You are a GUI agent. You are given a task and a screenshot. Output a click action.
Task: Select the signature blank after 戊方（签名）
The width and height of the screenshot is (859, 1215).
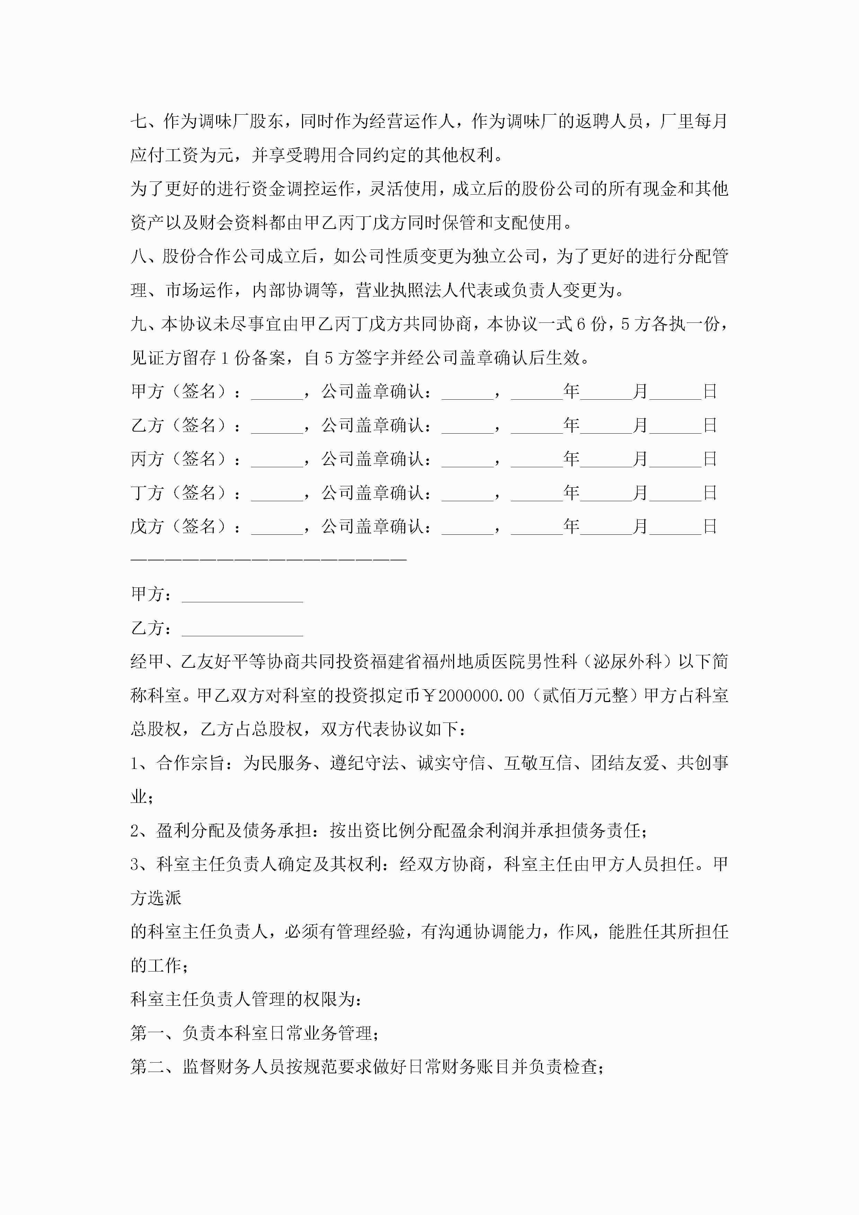click(x=277, y=527)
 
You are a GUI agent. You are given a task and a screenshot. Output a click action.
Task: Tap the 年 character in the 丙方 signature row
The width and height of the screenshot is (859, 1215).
click(x=571, y=459)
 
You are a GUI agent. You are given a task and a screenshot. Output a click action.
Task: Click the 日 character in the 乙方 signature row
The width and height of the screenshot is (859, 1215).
click(x=710, y=425)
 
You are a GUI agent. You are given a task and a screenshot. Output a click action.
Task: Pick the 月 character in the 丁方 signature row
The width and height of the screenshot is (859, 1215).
click(x=640, y=493)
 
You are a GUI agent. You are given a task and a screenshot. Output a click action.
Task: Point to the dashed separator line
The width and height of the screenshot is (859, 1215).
click(x=268, y=559)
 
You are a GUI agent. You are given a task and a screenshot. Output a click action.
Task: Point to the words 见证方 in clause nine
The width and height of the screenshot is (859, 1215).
click(x=156, y=358)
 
